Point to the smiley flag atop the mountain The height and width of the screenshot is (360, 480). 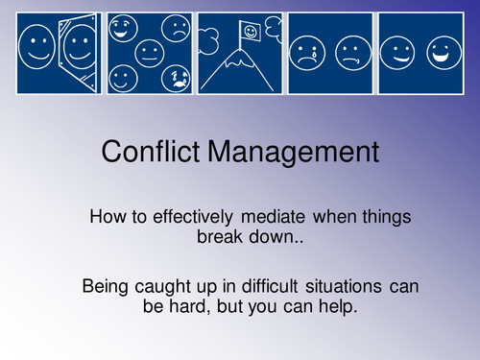click(x=252, y=33)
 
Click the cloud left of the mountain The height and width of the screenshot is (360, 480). click(x=210, y=39)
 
